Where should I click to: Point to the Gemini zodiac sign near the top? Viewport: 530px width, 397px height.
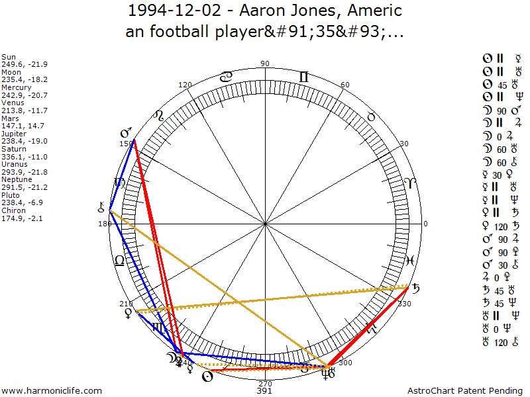point(303,77)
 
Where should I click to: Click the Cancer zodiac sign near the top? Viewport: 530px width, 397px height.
point(226,77)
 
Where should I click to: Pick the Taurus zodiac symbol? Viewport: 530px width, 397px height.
point(371,116)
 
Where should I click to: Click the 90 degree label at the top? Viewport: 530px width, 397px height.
point(265,64)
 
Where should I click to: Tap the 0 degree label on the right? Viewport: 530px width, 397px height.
point(425,224)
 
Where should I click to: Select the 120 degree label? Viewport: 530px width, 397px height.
point(185,85)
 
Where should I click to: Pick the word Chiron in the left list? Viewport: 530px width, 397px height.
point(13,210)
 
